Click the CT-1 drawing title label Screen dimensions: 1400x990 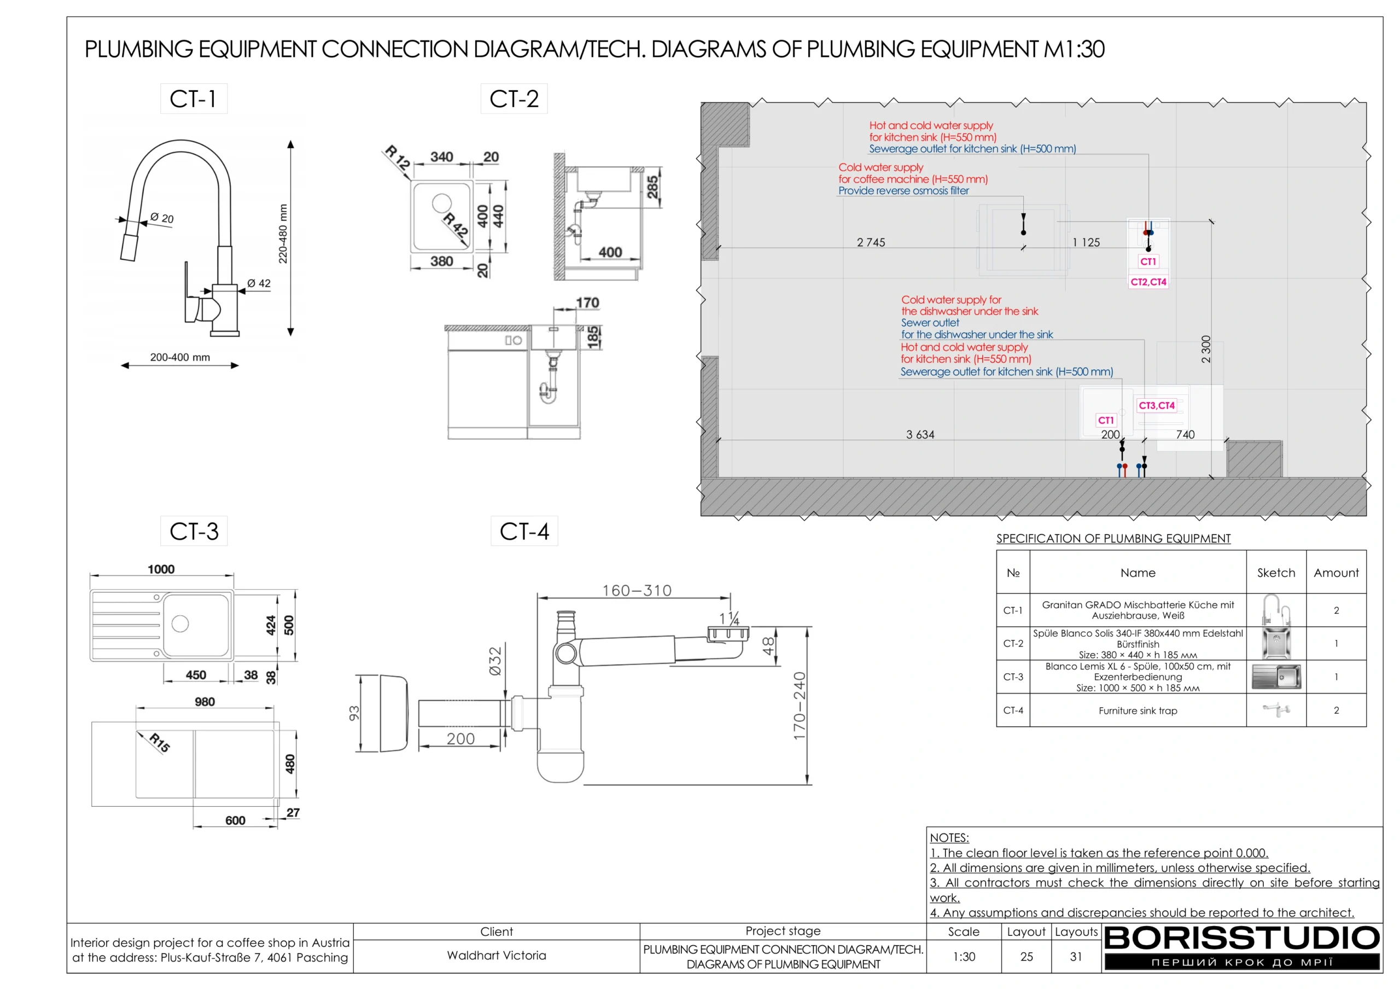click(x=193, y=99)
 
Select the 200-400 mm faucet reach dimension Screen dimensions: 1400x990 click(x=180, y=358)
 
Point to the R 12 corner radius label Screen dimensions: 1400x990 click(x=397, y=158)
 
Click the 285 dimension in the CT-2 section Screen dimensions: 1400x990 click(x=652, y=187)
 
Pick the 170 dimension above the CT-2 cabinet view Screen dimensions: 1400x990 click(x=587, y=302)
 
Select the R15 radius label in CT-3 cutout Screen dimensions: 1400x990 click(x=160, y=742)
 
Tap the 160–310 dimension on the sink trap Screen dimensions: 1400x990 click(x=637, y=591)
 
